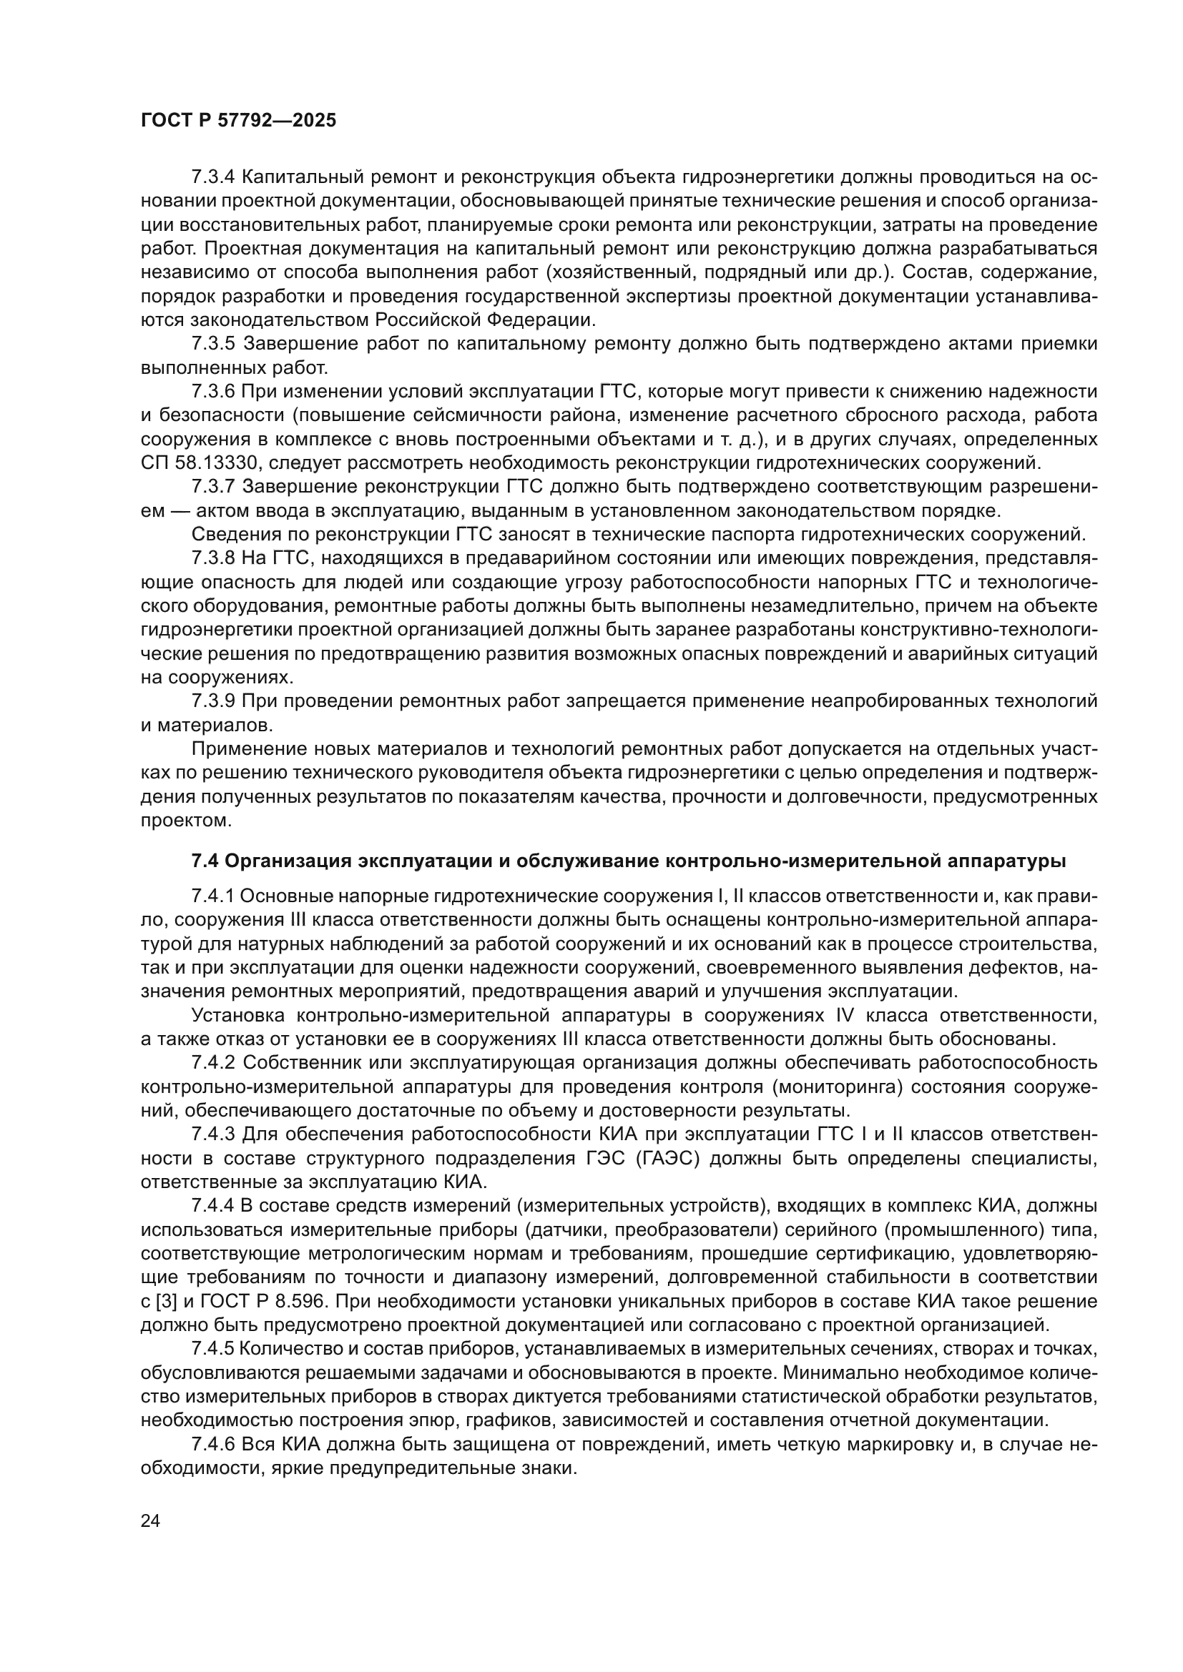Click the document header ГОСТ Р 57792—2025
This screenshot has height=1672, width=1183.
click(238, 121)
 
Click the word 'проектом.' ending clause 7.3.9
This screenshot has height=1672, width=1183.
click(186, 821)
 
